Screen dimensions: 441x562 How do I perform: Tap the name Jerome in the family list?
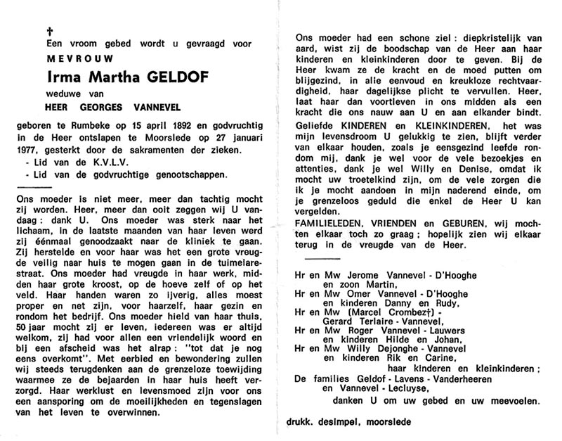coord(359,279)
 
